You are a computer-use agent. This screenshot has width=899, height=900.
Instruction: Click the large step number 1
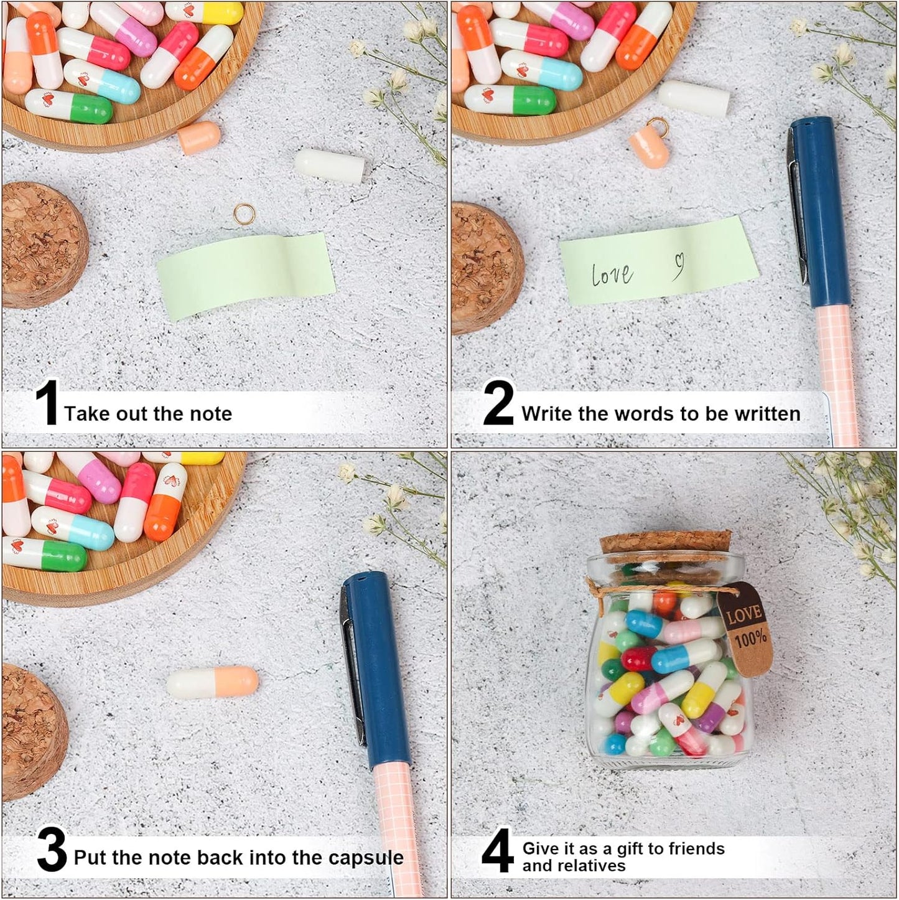pyautogui.click(x=47, y=405)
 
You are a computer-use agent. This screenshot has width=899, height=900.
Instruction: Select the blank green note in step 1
pyautogui.click(x=246, y=274)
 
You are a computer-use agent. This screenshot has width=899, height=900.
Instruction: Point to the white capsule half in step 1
pyautogui.click(x=330, y=166)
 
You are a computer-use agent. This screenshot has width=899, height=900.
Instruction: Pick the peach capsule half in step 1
pyautogui.click(x=199, y=138)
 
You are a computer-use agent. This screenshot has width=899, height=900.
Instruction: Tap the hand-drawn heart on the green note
pyautogui.click(x=679, y=265)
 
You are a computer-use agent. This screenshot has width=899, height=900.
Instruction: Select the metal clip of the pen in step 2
pyautogui.click(x=797, y=205)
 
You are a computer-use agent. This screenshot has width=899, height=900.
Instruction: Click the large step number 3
pyautogui.click(x=51, y=851)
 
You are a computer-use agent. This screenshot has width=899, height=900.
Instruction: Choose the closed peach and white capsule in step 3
pyautogui.click(x=212, y=683)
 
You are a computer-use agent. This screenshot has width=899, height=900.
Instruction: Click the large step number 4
pyautogui.click(x=497, y=851)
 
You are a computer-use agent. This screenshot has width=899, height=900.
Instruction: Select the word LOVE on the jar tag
pyautogui.click(x=744, y=614)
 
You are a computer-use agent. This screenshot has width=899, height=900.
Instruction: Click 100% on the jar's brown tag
pyautogui.click(x=751, y=637)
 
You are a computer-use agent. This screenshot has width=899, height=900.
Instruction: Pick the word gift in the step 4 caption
pyautogui.click(x=629, y=848)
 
